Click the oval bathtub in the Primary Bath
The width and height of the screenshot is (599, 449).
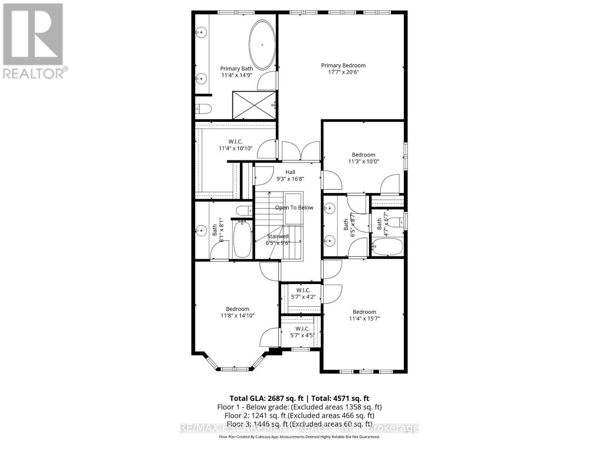[x=262, y=45]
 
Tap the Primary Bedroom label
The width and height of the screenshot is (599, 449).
[x=343, y=65]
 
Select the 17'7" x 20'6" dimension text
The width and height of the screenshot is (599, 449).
[x=343, y=72]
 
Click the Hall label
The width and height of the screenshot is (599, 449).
[x=290, y=172]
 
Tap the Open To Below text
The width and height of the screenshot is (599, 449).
[x=294, y=208]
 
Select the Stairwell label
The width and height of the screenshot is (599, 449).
[x=278, y=236]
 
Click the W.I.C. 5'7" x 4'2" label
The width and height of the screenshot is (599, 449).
[x=303, y=293]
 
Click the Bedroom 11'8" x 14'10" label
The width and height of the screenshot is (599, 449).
[x=237, y=312]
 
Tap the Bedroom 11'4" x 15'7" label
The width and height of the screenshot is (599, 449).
[x=364, y=315]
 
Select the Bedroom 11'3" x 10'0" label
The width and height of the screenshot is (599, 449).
[x=364, y=158]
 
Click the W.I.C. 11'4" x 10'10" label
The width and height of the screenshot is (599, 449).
[x=235, y=145]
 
